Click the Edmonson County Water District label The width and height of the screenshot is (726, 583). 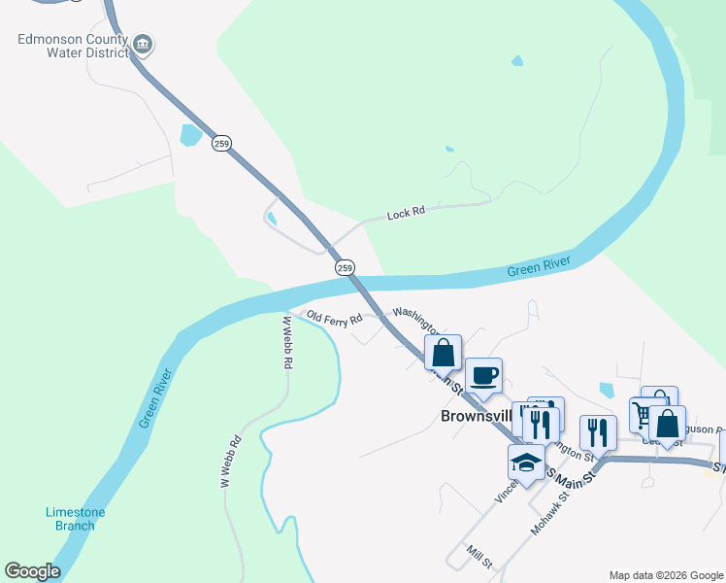click(75, 47)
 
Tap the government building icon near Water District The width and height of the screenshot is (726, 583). click(144, 43)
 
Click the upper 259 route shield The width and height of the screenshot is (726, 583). click(222, 143)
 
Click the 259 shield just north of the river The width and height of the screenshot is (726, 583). click(345, 267)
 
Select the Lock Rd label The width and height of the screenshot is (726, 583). click(406, 213)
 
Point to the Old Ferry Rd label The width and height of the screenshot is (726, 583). click(334, 318)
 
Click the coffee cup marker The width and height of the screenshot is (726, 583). click(482, 376)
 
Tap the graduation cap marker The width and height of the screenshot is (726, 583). click(526, 463)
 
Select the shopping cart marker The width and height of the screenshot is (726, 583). click(644, 415)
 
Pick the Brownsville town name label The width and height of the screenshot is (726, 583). click(476, 416)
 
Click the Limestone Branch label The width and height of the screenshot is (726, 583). click(75, 519)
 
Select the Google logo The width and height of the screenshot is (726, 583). click(32, 571)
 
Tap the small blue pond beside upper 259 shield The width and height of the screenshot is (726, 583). click(190, 135)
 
